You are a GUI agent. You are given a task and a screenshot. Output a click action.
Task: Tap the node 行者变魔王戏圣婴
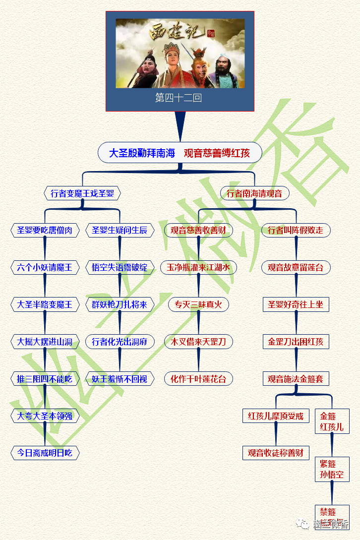click(x=82, y=193)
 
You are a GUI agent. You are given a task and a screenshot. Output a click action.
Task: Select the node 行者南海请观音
click(x=254, y=193)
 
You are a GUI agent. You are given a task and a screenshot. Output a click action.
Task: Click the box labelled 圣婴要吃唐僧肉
click(x=45, y=230)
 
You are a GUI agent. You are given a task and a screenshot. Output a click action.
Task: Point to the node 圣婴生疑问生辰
click(x=120, y=230)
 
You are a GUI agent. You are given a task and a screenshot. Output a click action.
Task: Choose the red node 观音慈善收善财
click(x=198, y=230)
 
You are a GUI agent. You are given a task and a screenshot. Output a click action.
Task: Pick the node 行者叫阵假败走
click(x=296, y=230)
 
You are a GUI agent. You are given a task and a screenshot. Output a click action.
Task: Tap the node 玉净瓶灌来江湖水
click(x=198, y=267)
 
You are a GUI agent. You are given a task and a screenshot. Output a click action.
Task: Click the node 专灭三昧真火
click(x=198, y=304)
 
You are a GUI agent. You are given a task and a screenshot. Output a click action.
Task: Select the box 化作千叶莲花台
click(x=198, y=379)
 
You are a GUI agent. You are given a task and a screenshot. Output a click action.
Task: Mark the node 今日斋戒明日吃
click(x=45, y=452)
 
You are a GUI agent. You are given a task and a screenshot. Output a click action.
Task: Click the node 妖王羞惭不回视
click(x=120, y=379)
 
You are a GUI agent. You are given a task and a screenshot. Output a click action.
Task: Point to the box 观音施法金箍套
click(x=296, y=379)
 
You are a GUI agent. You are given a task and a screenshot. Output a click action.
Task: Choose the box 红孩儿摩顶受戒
click(x=276, y=416)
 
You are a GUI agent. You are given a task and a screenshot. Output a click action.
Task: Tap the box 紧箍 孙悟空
click(x=332, y=470)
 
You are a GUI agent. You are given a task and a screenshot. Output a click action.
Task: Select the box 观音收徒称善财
click(x=276, y=452)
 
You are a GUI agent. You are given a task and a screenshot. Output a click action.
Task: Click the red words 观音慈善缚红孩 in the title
click(x=217, y=153)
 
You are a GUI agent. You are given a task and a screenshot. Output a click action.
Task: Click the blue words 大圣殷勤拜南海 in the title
click(x=142, y=153)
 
